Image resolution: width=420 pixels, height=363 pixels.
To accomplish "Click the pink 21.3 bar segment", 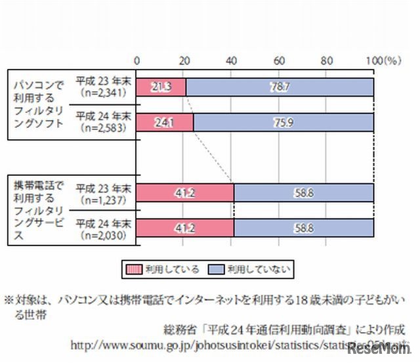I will tap(161, 87).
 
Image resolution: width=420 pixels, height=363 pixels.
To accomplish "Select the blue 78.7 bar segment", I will tap(280, 87).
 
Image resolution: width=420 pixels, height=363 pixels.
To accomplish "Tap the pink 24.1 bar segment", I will tap(164, 122).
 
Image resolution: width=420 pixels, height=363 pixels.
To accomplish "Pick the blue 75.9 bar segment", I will tap(283, 122).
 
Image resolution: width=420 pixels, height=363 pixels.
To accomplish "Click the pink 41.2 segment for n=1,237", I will tap(185, 192).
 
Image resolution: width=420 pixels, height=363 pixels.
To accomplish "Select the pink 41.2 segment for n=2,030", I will tap(185, 227).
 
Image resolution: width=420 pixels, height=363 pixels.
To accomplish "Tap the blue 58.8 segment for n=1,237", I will tap(304, 192).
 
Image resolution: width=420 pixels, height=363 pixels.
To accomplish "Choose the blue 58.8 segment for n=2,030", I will tap(304, 227).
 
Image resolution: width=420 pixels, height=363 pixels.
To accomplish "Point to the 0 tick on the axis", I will tap(136, 60).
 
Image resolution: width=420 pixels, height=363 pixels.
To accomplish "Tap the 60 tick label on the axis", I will tap(278, 60).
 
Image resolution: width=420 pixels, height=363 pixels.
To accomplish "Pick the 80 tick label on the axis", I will tap(326, 60).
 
